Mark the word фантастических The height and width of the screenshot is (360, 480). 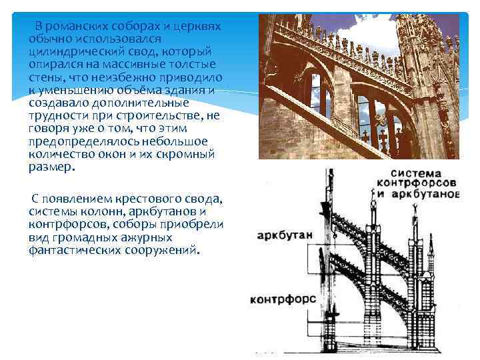click(75, 251)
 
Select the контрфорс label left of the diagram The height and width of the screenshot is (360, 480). click(283, 299)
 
